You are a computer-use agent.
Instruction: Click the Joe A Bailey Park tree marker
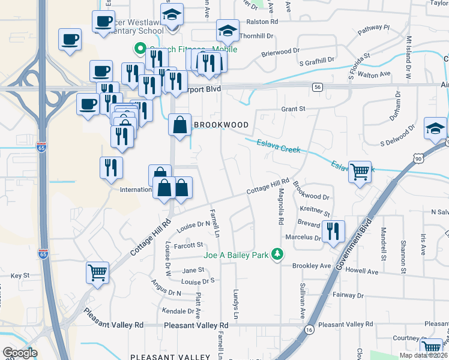[x=277, y=255]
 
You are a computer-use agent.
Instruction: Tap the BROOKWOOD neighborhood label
[x=221, y=125]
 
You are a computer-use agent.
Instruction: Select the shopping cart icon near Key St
[x=97, y=273]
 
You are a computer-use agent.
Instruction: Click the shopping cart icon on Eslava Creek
[x=360, y=172]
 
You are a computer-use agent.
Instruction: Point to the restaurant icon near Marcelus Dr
[x=333, y=231]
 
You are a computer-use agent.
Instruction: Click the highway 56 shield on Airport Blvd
[x=318, y=88]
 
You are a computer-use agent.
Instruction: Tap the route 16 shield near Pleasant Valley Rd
[x=309, y=330]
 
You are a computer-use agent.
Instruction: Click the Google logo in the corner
[x=20, y=353]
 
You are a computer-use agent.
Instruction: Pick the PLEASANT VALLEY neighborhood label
[x=170, y=356]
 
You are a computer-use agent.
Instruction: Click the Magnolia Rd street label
[x=280, y=207]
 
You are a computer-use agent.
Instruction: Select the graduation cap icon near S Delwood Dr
[x=435, y=128]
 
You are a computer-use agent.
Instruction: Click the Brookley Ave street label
[x=312, y=265]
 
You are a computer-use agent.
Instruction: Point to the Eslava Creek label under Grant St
[x=278, y=145]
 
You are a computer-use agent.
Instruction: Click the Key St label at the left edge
[x=20, y=275]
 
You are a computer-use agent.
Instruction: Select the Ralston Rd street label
[x=266, y=22]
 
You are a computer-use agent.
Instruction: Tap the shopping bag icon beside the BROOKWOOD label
[x=180, y=125]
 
